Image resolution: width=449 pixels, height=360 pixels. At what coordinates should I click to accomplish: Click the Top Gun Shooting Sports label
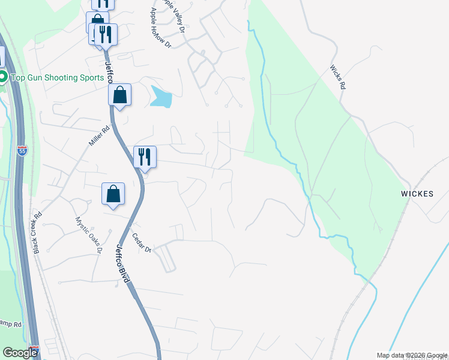pyautogui.click(x=52, y=77)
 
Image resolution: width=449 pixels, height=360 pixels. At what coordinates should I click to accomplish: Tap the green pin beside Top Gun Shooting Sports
pyautogui.click(x=3, y=77)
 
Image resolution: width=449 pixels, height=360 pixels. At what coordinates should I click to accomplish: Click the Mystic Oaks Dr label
pyautogui.click(x=84, y=233)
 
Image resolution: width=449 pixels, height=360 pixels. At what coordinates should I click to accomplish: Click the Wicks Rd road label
pyautogui.click(x=338, y=77)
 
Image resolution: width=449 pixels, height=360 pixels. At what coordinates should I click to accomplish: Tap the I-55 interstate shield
pyautogui.click(x=22, y=151)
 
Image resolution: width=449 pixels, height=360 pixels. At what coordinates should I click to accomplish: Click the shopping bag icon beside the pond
pyautogui.click(x=119, y=95)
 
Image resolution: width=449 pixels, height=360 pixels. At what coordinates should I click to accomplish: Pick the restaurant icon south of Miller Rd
pyautogui.click(x=145, y=157)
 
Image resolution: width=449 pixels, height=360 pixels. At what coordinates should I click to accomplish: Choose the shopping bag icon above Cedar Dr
pyautogui.click(x=113, y=194)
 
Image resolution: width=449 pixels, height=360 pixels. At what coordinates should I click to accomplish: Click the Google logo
pyautogui.click(x=20, y=353)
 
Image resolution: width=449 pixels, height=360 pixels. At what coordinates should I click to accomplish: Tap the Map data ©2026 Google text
pyautogui.click(x=411, y=355)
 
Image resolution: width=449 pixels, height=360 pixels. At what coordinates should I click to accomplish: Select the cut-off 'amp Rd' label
pyautogui.click(x=11, y=324)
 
